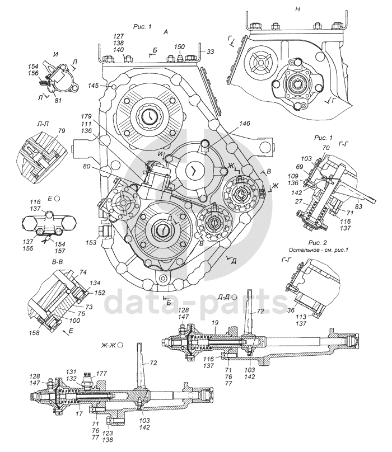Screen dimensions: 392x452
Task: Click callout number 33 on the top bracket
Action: tap(211, 52)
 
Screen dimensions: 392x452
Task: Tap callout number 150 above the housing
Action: tap(180, 46)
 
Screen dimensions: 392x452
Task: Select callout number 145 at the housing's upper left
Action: tap(94, 86)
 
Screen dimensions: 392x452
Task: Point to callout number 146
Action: tap(244, 124)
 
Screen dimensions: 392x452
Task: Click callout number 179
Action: tap(86, 116)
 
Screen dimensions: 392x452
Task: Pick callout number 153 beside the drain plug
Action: tap(91, 243)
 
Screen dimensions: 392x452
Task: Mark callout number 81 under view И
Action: tap(58, 101)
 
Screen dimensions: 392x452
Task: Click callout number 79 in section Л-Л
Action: tap(62, 130)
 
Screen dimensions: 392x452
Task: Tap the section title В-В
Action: tap(58, 262)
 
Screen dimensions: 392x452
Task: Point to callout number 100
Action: tap(75, 321)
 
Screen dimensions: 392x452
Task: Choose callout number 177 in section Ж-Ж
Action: tap(101, 374)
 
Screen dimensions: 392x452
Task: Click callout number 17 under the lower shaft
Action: tap(79, 413)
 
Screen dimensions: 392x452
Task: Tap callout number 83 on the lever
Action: tap(359, 206)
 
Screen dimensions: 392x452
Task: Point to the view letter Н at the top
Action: tap(297, 9)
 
